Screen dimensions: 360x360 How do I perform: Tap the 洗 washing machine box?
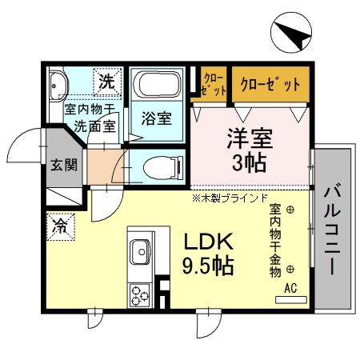pyautogui.click(x=106, y=80)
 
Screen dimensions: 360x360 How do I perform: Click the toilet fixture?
pyautogui.click(x=160, y=168)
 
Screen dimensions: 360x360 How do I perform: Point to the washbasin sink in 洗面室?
pyautogui.click(x=59, y=86)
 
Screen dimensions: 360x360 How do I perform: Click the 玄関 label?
pyautogui.click(x=65, y=166)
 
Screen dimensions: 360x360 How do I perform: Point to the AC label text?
pyautogui.click(x=291, y=288)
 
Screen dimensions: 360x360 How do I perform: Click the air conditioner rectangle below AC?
pyautogui.click(x=291, y=302)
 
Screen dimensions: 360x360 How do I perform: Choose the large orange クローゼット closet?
pyautogui.click(x=271, y=83)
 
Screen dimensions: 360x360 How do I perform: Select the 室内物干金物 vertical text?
pyautogui.click(x=274, y=240)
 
